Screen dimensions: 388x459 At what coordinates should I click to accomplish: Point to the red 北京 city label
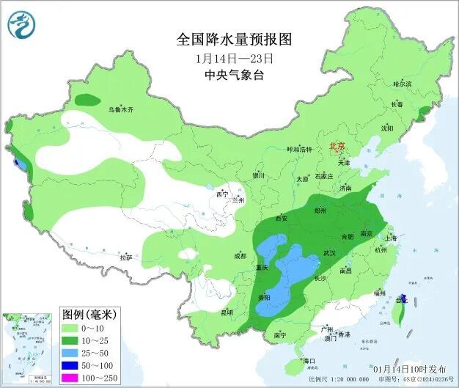(337, 146)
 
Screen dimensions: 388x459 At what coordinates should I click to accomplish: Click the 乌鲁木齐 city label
(122, 109)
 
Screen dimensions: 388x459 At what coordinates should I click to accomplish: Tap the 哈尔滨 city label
(402, 84)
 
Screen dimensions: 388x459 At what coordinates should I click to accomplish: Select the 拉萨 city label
(126, 257)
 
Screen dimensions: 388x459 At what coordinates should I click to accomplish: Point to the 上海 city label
(390, 238)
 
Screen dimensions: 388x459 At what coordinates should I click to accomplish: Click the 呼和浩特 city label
(299, 150)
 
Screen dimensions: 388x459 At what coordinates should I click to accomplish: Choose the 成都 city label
(240, 256)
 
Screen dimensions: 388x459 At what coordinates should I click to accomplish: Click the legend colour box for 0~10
(74, 327)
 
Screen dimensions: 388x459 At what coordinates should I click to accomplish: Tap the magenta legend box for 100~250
(74, 377)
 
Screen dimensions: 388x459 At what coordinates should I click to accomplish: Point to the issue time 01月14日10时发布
(413, 368)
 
